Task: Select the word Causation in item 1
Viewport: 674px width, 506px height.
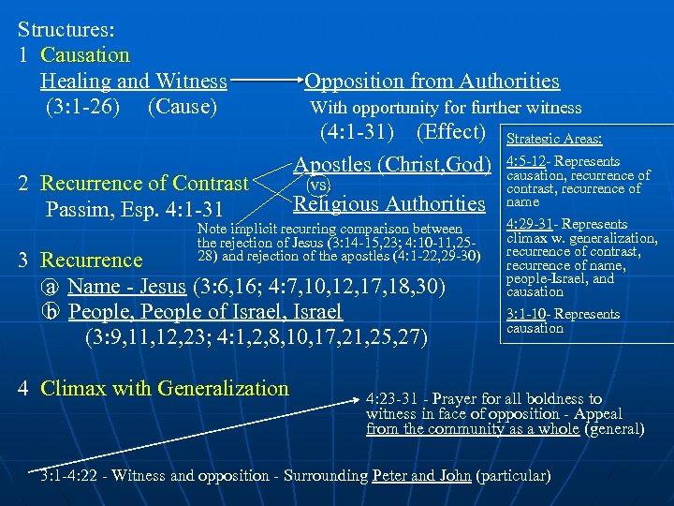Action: [85, 55]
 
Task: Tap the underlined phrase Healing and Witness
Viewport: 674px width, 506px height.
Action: [134, 82]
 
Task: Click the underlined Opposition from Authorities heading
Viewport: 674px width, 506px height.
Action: [432, 82]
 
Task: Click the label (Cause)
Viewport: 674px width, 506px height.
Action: [183, 107]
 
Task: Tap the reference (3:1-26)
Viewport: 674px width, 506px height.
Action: [82, 107]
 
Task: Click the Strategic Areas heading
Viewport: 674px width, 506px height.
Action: [554, 139]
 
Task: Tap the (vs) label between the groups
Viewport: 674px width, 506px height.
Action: [319, 184]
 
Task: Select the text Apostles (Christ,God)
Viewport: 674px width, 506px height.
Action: [393, 165]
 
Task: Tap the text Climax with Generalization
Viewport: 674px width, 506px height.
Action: [166, 388]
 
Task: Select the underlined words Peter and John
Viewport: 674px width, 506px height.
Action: [421, 475]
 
